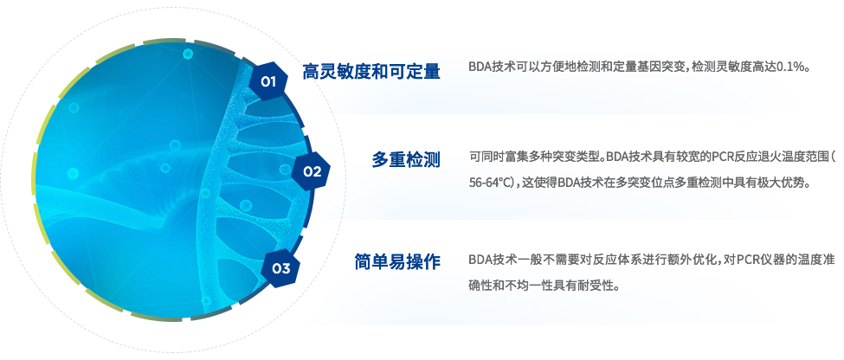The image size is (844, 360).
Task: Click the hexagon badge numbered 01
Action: click(x=268, y=81)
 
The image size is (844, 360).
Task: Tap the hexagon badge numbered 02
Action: click(x=311, y=171)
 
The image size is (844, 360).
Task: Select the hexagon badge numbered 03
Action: click(x=281, y=268)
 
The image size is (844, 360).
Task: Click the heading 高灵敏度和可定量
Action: click(x=370, y=71)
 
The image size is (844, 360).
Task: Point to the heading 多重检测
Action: click(x=406, y=160)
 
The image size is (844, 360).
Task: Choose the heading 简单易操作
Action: click(x=397, y=261)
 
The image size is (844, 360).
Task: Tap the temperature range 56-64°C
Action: click(x=491, y=183)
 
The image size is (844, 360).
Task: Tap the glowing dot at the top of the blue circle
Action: click(x=188, y=54)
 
